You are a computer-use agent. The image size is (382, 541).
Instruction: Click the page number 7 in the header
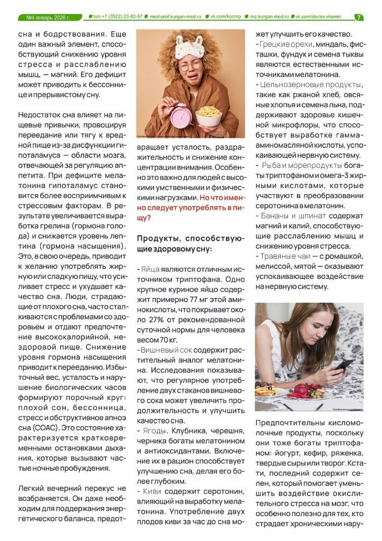359,17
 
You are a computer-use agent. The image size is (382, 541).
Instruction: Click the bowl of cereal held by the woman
209,115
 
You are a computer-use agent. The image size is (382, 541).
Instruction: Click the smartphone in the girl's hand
343,365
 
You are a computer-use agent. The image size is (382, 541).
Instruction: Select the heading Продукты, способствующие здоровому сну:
182,243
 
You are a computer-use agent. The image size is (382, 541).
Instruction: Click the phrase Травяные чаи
283,256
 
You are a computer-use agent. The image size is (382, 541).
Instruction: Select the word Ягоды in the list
152,431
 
